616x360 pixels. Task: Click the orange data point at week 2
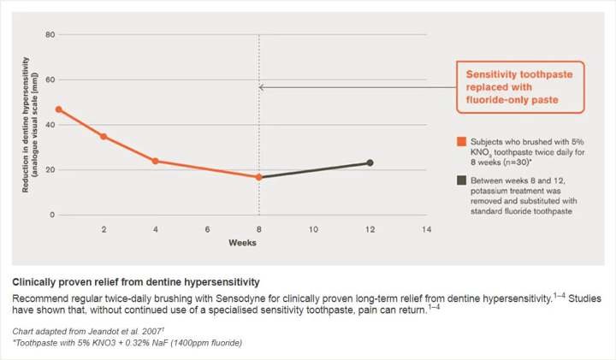104,136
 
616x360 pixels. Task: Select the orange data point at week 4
156,161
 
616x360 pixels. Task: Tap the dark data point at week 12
370,162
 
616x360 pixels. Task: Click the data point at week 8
259,177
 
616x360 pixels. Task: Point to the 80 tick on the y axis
50,35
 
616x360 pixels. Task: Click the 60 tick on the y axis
50,80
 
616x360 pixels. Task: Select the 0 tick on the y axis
51,215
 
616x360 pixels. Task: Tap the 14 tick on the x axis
426,230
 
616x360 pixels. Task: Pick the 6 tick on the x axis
207,230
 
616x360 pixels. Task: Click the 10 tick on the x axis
314,230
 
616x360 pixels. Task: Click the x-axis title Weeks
241,243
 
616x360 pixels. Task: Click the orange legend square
460,141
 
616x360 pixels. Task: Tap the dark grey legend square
460,180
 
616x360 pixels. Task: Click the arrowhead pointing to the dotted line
262,87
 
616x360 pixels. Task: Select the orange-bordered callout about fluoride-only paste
519,87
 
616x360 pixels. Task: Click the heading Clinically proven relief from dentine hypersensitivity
136,281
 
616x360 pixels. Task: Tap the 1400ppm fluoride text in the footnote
196,342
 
